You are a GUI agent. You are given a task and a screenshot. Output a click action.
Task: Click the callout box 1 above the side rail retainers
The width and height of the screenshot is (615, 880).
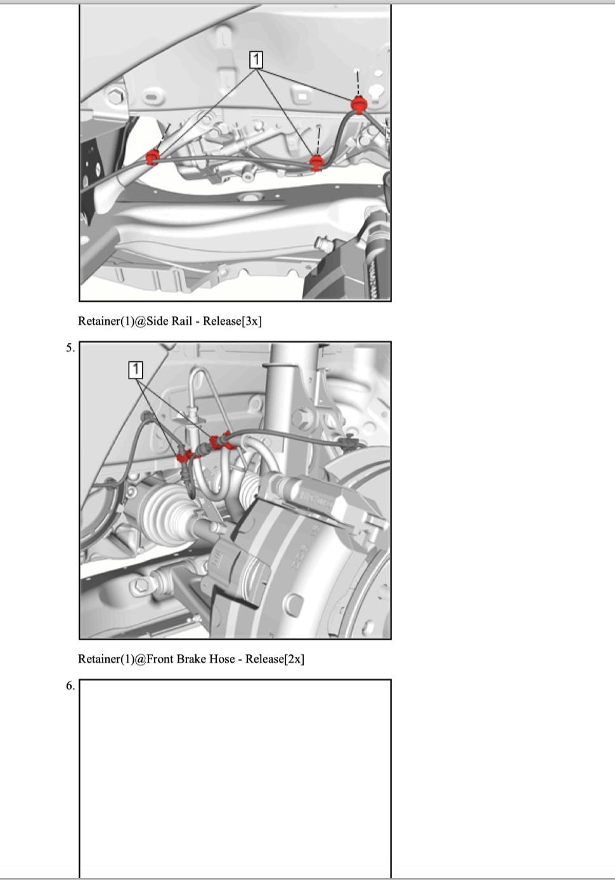coord(256,60)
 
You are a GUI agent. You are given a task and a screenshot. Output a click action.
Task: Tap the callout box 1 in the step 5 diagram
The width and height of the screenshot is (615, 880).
coord(136,370)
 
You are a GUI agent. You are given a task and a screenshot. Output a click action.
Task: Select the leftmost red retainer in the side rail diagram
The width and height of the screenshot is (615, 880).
coord(152,157)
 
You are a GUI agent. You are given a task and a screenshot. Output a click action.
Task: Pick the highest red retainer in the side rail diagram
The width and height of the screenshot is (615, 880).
coord(358,104)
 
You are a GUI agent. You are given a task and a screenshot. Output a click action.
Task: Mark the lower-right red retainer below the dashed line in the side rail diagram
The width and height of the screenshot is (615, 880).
coord(316,162)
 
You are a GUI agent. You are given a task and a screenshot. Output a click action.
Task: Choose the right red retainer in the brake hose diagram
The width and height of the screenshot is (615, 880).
coord(220,441)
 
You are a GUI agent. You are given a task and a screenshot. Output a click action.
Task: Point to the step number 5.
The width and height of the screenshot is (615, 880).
coord(70,348)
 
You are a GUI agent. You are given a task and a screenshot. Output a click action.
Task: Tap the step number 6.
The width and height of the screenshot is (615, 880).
coord(70,686)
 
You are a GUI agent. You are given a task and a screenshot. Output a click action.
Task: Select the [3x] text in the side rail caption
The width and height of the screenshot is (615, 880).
coord(252,321)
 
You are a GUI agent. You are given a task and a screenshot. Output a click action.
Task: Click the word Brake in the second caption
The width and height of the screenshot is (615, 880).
coord(191,659)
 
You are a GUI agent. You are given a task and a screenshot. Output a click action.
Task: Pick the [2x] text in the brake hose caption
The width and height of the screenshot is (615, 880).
coord(294,659)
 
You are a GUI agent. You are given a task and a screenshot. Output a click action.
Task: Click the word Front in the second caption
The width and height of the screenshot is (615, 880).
coord(160,659)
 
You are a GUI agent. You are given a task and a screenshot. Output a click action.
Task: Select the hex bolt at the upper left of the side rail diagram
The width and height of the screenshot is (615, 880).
coord(115,96)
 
